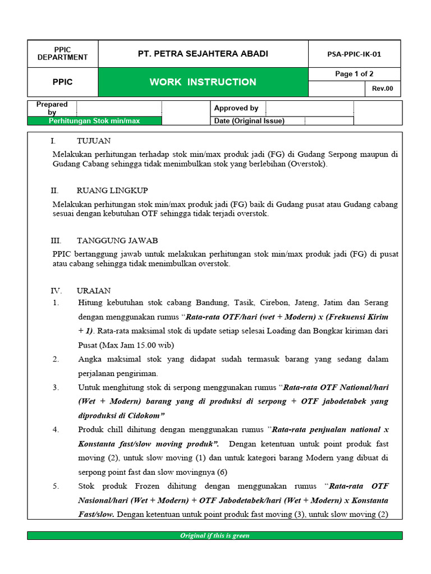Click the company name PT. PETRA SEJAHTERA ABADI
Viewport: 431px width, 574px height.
pos(203,54)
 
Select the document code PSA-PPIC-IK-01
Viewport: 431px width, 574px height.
pos(354,54)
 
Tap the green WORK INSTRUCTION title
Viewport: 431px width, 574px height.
pos(203,82)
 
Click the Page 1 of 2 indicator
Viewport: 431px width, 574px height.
pos(354,74)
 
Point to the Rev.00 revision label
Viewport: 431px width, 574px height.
pos(383,89)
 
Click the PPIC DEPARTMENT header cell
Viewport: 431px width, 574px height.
pos(62,54)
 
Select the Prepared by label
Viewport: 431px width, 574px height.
pos(52,108)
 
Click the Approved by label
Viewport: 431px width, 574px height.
pos(236,108)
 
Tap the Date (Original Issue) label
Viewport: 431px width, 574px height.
pos(249,121)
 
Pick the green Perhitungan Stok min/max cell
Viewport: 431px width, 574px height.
pos(94,121)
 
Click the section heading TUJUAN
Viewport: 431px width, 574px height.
pos(94,141)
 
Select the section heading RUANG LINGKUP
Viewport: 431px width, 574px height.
pos(112,191)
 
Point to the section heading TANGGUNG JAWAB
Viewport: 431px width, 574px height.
pos(117,240)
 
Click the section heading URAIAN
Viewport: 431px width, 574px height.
pos(94,290)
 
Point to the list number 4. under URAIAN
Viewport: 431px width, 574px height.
pos(56,429)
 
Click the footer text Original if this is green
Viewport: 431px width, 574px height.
pos(215,535)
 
